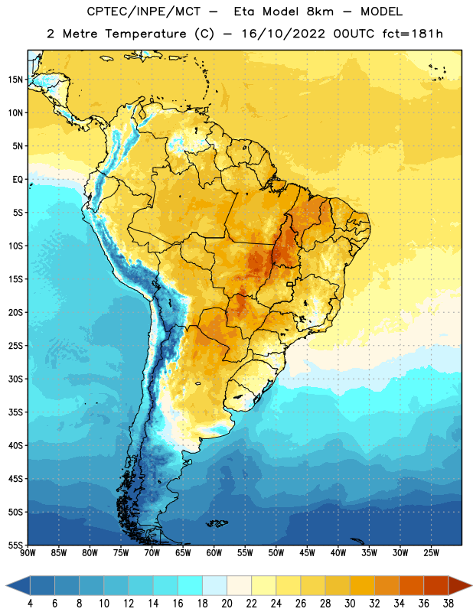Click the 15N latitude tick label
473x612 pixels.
pyautogui.click(x=15, y=80)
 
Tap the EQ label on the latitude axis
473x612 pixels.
pyautogui.click(x=18, y=180)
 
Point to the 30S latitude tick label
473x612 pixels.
pyautogui.click(x=15, y=379)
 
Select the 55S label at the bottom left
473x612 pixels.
pyautogui.click(x=15, y=545)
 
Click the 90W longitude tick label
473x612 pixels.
pyautogui.click(x=28, y=553)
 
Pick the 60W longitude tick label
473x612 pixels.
pyautogui.click(x=214, y=553)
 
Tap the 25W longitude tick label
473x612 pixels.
pyautogui.click(x=431, y=553)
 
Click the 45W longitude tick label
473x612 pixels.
pyautogui.click(x=307, y=553)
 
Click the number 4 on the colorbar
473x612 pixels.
pyautogui.click(x=30, y=604)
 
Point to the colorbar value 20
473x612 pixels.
pyautogui.click(x=227, y=604)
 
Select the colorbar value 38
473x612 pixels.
pyautogui.click(x=449, y=604)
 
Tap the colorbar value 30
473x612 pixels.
pyautogui.click(x=350, y=604)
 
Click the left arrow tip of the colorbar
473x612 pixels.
pyautogui.click(x=6, y=586)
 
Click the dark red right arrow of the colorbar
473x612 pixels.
pyautogui.click(x=459, y=586)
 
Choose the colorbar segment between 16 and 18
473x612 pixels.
pyautogui.click(x=190, y=586)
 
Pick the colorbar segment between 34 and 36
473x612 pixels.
pyautogui.click(x=411, y=586)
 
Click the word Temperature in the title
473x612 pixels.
pyautogui.click(x=145, y=34)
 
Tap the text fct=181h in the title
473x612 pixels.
pyautogui.click(x=413, y=34)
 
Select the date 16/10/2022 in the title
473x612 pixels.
pyautogui.click(x=283, y=34)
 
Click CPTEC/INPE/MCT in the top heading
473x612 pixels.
pyautogui.click(x=143, y=11)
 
